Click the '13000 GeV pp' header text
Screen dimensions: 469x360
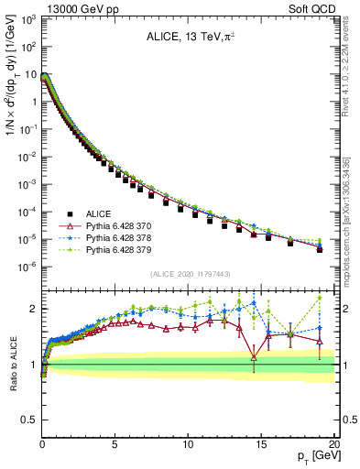pos(76,8)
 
